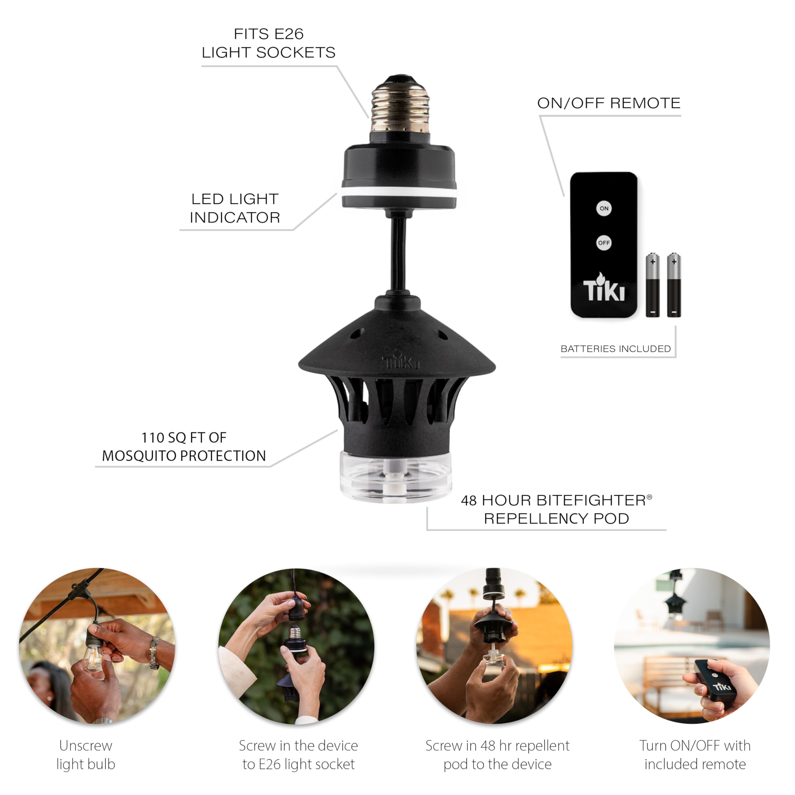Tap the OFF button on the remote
tap(604, 243)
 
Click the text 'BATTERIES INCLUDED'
tap(616, 349)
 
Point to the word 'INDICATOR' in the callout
tap(235, 217)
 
